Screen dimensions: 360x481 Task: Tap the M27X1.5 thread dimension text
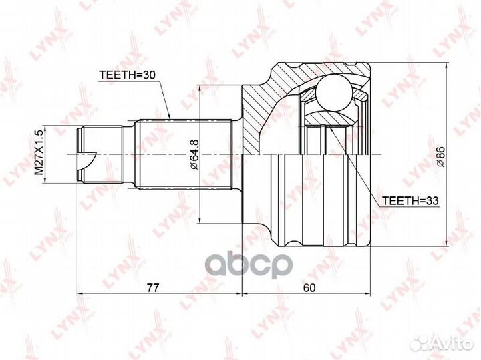click(x=38, y=152)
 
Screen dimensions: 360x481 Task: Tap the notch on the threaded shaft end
click(x=87, y=160)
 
